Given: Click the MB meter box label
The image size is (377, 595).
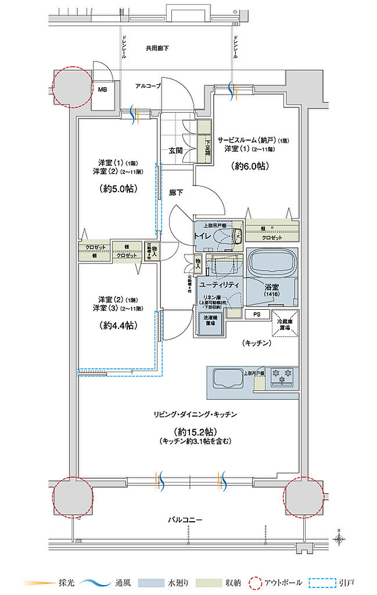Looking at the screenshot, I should (x=103, y=89).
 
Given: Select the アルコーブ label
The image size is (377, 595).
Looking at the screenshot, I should (x=148, y=85).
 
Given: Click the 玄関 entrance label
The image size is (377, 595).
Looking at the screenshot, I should (x=176, y=150).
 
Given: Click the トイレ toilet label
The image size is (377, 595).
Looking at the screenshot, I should (x=204, y=236).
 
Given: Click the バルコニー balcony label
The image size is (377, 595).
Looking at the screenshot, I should (x=186, y=519).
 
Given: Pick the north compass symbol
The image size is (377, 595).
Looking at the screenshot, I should (x=339, y=539).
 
